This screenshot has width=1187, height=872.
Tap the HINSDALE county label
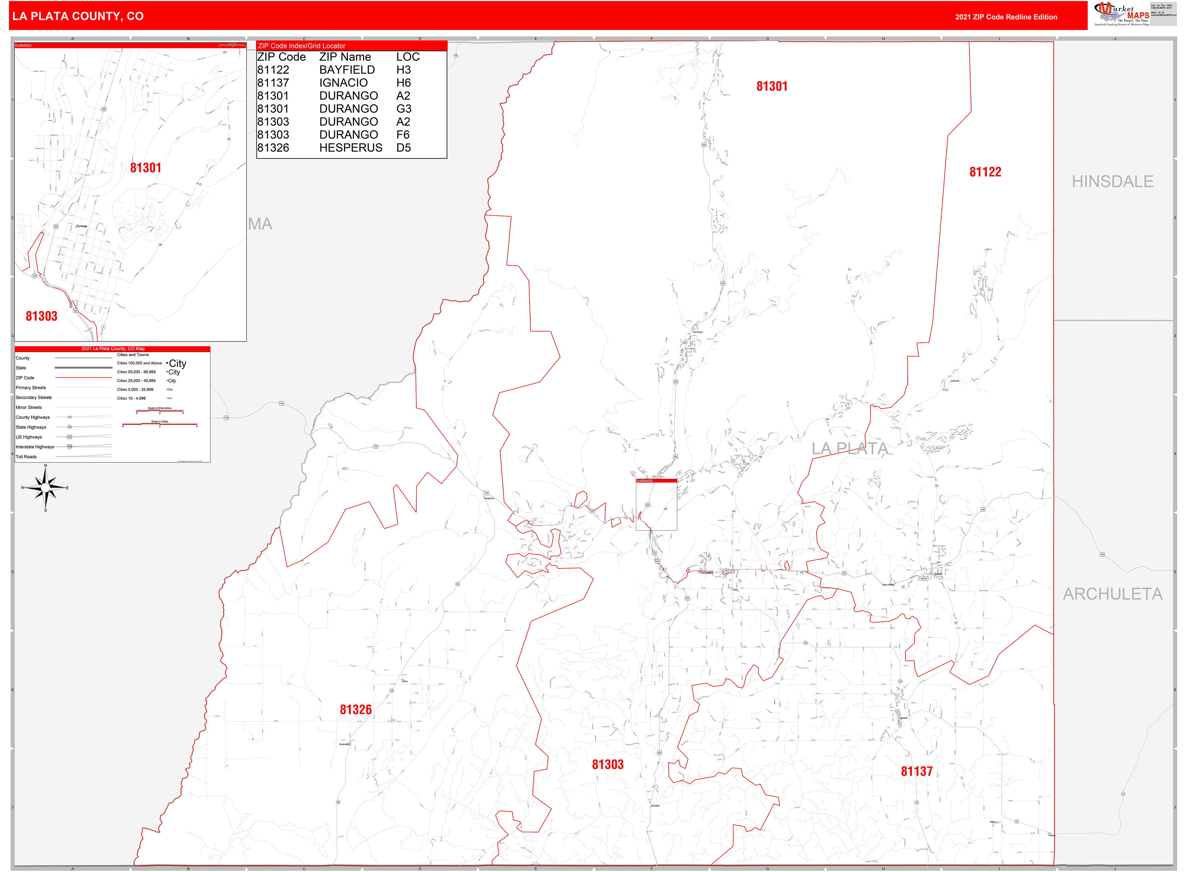[x=1112, y=181]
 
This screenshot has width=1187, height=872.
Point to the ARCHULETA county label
[x=1112, y=594]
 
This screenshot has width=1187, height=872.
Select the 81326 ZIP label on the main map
[x=356, y=709]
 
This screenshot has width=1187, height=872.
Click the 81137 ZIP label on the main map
[x=916, y=771]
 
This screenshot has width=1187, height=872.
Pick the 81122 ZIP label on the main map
[x=985, y=172]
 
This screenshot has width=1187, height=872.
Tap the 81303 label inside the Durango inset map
[x=42, y=316]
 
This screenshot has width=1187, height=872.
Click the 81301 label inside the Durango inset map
[x=145, y=168]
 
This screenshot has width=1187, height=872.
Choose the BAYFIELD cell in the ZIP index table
[x=347, y=70]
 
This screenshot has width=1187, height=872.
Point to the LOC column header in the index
[x=408, y=57]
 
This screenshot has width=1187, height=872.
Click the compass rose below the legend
[x=45, y=488]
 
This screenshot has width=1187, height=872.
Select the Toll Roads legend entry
[x=26, y=456]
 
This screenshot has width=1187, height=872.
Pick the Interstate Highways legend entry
[x=35, y=446]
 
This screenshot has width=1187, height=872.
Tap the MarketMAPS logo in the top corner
[x=1122, y=14]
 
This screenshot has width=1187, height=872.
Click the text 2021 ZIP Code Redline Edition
[x=1006, y=17]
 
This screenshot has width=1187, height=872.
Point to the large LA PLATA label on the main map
[x=849, y=449]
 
